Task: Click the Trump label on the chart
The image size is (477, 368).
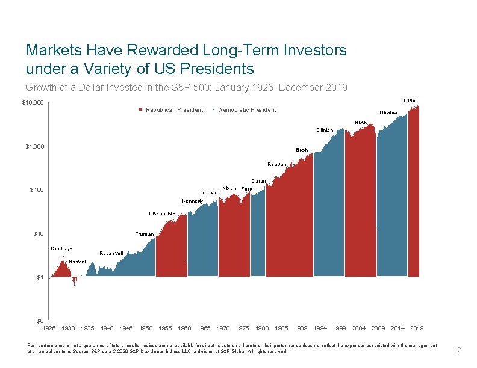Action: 410,100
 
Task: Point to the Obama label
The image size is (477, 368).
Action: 388,113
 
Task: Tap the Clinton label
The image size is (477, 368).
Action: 324,130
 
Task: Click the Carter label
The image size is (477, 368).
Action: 258,181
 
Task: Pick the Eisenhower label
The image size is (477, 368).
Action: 163,213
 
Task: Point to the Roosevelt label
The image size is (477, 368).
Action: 111,253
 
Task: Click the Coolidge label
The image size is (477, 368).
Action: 61,248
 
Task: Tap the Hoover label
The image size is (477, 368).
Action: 77,262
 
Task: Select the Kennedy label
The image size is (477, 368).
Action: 193,201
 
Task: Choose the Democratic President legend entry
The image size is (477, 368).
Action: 246,110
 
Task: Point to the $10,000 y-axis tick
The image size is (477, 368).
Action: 33,103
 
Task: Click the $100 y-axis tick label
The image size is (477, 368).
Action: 37,191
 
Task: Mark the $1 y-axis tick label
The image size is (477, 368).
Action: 40,277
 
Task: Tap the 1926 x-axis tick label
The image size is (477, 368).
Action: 49,328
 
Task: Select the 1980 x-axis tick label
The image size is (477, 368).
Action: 262,328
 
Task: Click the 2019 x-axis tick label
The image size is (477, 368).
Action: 416,328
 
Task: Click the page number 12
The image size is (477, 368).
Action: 457,349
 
